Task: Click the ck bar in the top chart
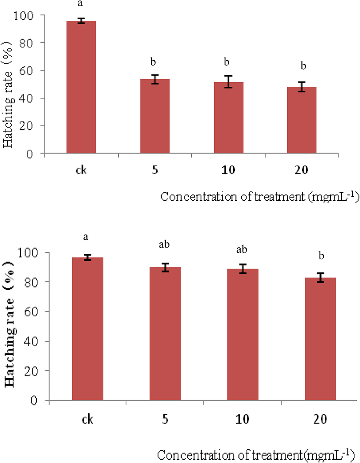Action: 81,87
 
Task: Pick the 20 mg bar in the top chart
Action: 302,120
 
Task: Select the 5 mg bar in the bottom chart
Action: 165,333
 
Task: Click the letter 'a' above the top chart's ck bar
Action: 80,4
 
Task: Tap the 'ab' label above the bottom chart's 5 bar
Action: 164,244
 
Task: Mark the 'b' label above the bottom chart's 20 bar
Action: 321,256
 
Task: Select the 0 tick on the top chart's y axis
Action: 30,154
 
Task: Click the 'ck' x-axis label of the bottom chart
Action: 87,419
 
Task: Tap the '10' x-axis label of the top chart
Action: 228,170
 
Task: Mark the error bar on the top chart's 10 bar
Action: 229,81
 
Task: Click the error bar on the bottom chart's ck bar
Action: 87,257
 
